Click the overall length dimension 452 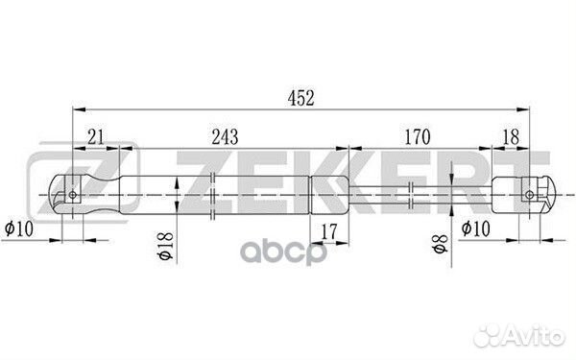pos(300,99)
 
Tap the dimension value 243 pos(225,136)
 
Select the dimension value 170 pos(417,136)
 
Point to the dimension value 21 pos(96,136)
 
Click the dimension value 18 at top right pos(511,136)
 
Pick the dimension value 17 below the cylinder pos(328,231)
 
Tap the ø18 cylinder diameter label pos(166,246)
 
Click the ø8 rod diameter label pos(441,244)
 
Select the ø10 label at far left pos(19,228)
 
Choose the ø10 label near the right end pos(476,228)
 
